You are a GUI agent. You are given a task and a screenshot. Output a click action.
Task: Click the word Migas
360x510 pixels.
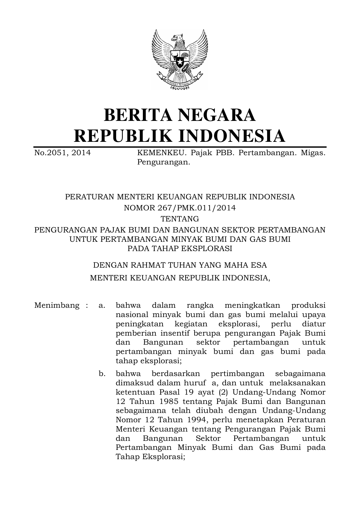click(313, 153)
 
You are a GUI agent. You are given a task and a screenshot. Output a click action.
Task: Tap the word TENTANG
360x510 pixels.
click(180, 219)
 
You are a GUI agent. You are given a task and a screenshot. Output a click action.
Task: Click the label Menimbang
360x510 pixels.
click(57, 305)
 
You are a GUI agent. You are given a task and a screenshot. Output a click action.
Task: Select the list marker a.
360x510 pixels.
click(102, 305)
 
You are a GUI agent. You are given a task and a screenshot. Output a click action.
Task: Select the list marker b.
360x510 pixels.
click(102, 373)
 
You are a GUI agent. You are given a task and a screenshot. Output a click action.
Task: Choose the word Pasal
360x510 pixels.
click(169, 392)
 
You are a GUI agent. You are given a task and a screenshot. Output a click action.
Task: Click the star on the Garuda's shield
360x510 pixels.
click(180, 62)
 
